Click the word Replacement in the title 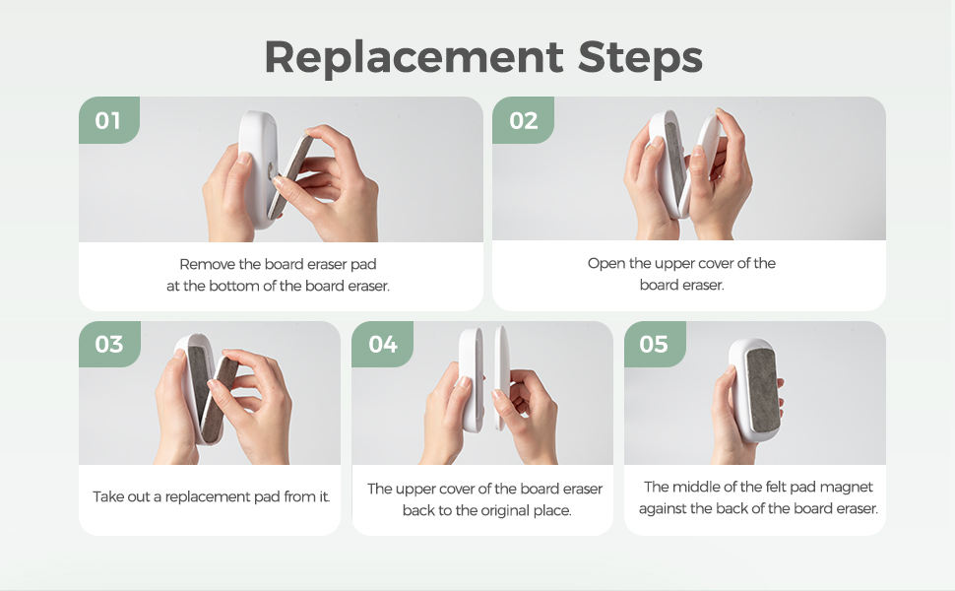tap(414, 58)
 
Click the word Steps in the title tap(640, 58)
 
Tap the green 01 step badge tap(109, 120)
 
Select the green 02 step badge tap(523, 120)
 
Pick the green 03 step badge tap(109, 344)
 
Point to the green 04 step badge tap(382, 344)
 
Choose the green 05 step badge tap(655, 344)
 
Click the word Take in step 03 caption tap(106, 496)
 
